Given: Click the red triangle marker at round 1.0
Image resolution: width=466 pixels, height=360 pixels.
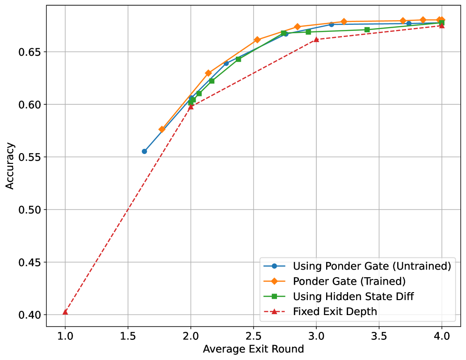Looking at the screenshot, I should tap(65, 312).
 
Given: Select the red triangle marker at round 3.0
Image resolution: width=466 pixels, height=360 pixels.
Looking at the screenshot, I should tap(316, 39).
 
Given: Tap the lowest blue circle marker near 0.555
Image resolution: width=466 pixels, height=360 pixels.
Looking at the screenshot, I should tap(145, 151).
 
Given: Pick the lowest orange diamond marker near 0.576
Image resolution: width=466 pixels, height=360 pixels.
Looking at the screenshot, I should tap(162, 129).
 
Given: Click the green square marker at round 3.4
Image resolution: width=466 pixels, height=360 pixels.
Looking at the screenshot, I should tap(367, 29).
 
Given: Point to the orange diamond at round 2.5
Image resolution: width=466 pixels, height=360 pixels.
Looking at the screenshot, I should tap(257, 40).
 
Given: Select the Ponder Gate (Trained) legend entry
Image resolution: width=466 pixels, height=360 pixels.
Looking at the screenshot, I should tap(349, 281).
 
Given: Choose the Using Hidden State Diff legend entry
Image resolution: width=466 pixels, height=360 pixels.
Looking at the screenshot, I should tap(353, 296).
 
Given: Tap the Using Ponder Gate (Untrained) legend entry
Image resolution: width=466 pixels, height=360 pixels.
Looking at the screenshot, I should tap(371, 266).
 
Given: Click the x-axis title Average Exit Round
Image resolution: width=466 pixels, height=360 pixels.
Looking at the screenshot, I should tap(253, 349).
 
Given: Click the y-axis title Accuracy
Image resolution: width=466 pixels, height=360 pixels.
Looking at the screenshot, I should tap(10, 166).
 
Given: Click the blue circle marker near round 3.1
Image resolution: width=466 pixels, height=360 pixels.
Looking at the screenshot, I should tap(331, 24).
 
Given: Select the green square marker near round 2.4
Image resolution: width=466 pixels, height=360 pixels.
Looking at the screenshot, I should tap(238, 59).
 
